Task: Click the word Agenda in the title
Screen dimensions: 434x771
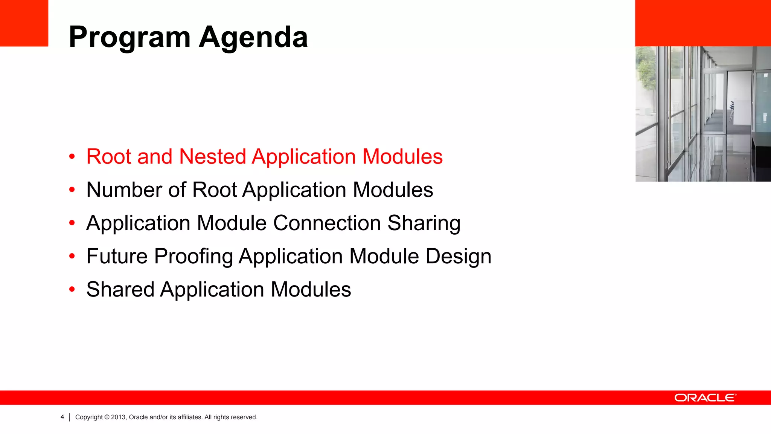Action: tap(253, 37)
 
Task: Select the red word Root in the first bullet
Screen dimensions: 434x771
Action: tap(109, 156)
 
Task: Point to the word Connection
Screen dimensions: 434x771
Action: tap(327, 223)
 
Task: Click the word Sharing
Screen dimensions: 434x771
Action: tap(424, 223)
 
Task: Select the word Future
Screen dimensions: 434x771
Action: tap(117, 256)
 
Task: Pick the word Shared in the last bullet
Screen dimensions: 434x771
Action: tap(120, 289)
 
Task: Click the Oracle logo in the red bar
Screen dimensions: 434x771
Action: tap(705, 398)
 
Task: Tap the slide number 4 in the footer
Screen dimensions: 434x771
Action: tap(62, 417)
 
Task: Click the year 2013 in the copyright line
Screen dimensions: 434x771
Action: tap(118, 417)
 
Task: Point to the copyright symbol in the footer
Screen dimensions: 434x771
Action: tap(107, 417)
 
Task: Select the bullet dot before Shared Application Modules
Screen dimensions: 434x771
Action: tap(72, 289)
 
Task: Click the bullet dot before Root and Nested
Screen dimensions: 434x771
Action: tap(72, 156)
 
